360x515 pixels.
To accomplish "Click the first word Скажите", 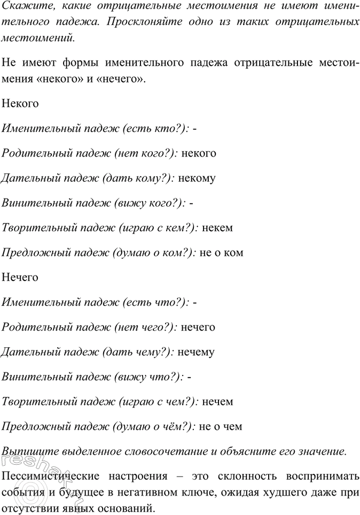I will (21, 6).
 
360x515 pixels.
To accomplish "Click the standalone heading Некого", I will (20, 104).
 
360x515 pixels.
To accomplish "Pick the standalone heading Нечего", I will (20, 277).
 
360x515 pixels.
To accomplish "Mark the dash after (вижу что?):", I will (191, 377).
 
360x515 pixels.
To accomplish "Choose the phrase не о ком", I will (221, 253).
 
